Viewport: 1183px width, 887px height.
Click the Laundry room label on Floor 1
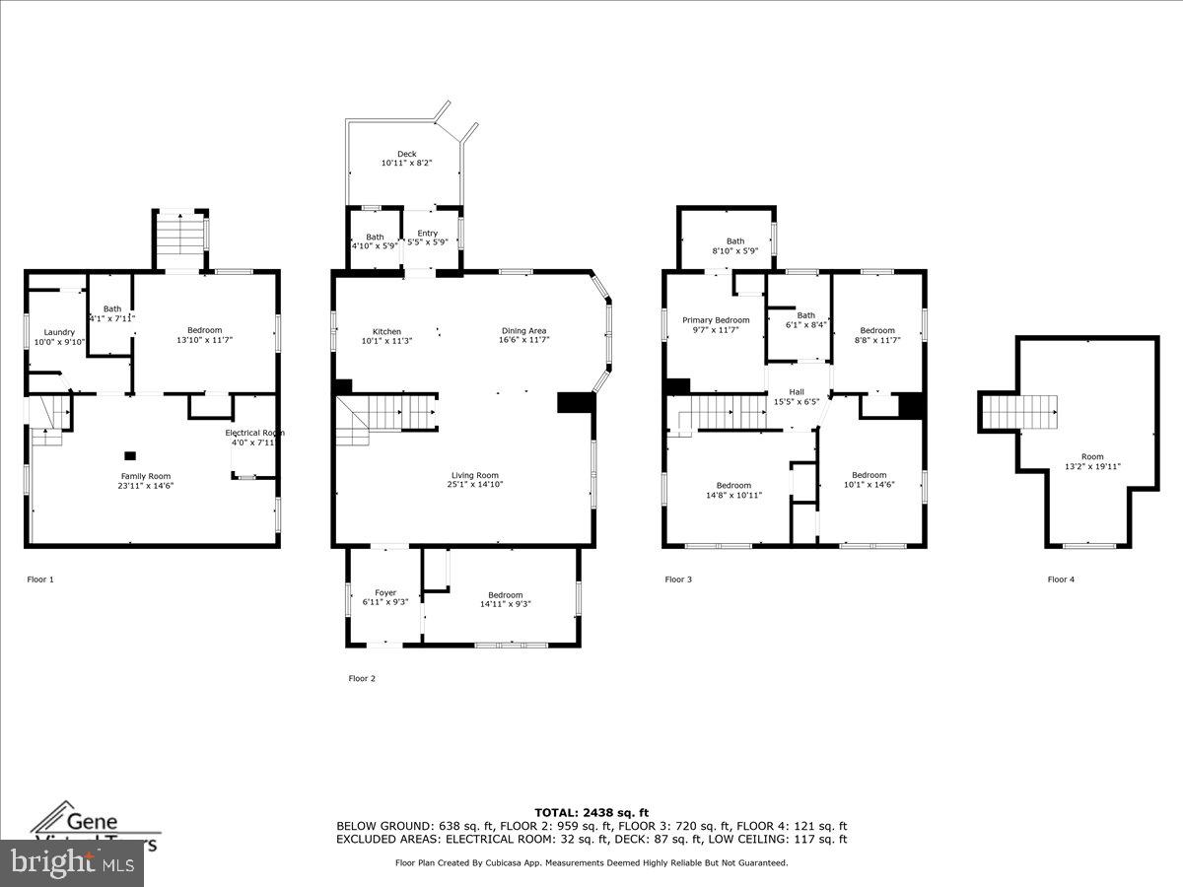(59, 332)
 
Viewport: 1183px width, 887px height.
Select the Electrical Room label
(254, 433)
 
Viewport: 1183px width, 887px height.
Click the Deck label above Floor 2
(406, 154)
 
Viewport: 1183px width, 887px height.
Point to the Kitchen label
(386, 331)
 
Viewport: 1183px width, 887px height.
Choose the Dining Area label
(523, 331)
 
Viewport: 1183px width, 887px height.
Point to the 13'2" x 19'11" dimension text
(1091, 467)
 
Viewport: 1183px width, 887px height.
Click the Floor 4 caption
(1061, 580)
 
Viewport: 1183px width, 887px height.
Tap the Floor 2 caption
(362, 678)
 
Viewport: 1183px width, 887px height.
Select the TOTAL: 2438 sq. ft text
(591, 812)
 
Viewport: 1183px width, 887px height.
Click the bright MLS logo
(71, 863)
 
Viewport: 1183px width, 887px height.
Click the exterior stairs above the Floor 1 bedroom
(178, 239)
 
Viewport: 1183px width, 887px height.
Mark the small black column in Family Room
(129, 455)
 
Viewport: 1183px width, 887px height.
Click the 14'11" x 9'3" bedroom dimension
(505, 604)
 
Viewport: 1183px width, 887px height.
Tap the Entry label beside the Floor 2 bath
(427, 233)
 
